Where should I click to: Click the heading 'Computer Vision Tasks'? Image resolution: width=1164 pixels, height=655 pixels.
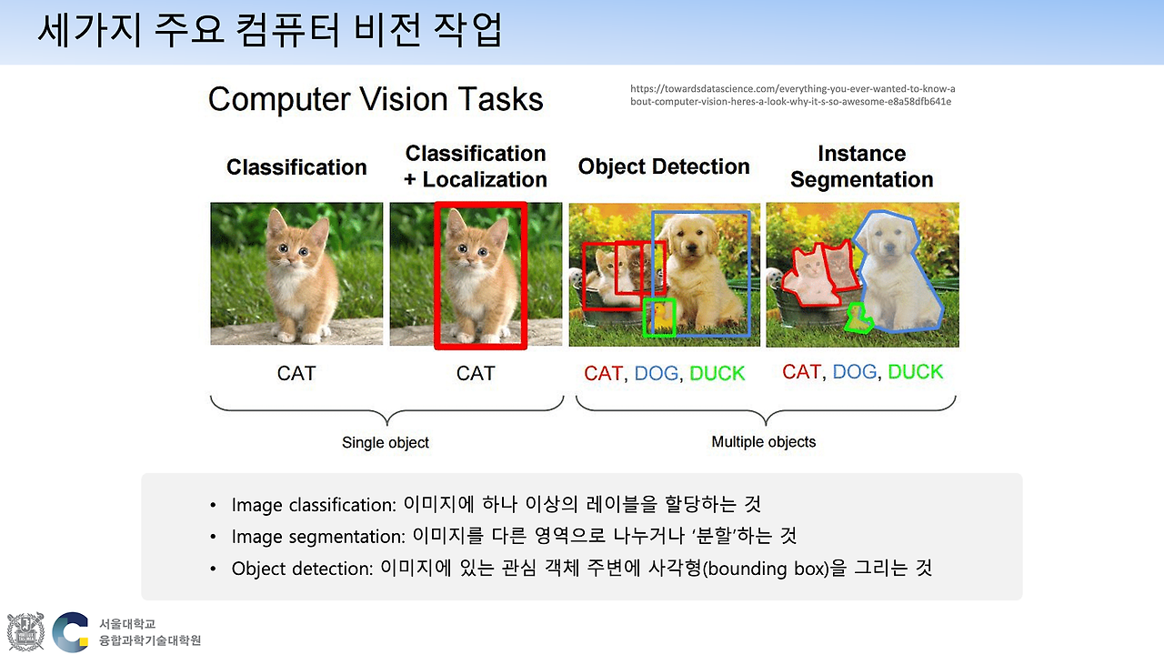376,99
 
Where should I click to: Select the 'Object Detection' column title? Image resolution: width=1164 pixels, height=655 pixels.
664,166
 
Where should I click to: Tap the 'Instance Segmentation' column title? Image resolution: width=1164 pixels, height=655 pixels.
861,166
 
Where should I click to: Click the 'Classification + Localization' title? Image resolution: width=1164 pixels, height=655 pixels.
476,166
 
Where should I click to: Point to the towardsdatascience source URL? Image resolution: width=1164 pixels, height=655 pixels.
792,96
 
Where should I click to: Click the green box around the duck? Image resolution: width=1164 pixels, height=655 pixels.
645,317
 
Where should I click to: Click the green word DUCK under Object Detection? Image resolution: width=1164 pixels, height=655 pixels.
717,373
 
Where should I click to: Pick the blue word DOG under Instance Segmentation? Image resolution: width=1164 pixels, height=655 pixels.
854,372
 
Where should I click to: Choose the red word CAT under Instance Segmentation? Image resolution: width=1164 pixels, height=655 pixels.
801,372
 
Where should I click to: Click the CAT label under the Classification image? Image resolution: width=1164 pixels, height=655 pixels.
296,373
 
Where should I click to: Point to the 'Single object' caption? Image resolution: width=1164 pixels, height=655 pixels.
385,442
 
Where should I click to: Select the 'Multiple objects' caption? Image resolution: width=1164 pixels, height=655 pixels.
763,442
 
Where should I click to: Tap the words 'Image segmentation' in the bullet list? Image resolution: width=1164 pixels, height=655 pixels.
318,537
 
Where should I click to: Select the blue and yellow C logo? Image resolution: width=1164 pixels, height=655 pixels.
71,632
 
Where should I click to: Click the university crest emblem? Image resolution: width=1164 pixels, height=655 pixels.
25,631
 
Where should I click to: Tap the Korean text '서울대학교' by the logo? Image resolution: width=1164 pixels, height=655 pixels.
127,624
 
